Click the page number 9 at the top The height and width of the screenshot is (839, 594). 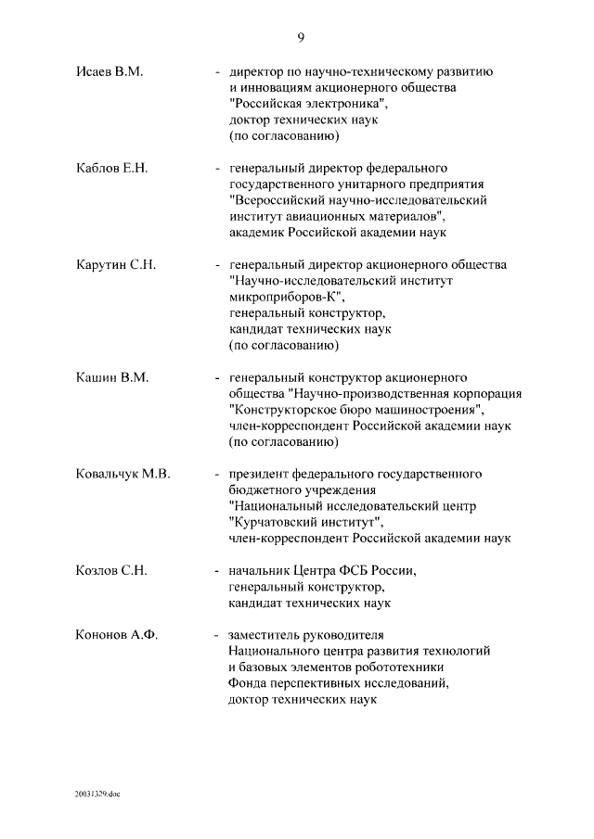301,38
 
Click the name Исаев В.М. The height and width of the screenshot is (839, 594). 109,71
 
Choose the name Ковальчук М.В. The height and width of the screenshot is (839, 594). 123,474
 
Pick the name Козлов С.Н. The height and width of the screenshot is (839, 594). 112,570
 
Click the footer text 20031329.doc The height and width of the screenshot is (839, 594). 98,795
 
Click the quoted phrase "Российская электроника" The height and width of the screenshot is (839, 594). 303,104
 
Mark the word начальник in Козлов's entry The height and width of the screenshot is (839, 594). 260,570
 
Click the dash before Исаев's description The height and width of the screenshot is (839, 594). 217,71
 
